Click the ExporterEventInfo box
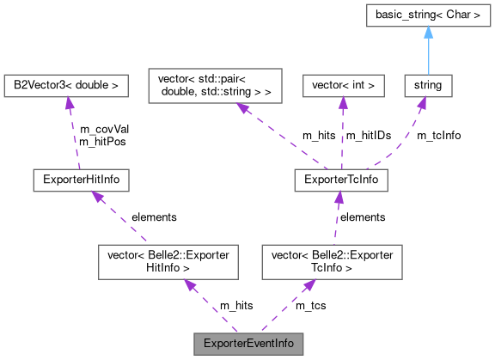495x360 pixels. coord(248,343)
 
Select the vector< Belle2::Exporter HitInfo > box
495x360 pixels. coord(168,261)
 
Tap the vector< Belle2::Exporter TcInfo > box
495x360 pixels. coord(332,261)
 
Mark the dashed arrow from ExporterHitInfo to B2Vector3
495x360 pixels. coord(73,133)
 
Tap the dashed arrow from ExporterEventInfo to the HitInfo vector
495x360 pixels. coord(210,305)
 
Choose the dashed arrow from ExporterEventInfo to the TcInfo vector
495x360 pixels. coord(289,305)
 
